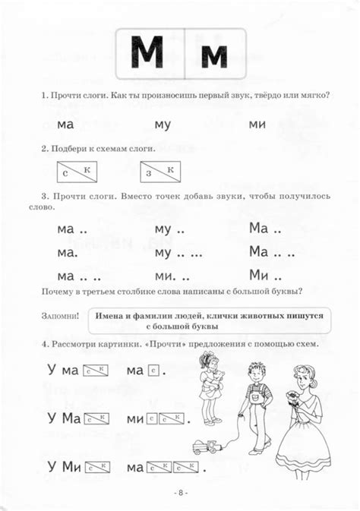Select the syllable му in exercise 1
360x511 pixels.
(x=163, y=124)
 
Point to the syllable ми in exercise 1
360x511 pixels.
(x=257, y=124)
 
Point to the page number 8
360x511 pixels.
(x=179, y=492)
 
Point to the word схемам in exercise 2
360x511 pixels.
(x=106, y=149)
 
